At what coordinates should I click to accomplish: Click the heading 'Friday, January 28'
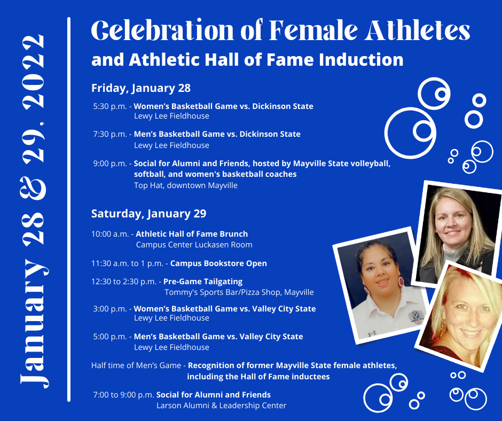coord(141,88)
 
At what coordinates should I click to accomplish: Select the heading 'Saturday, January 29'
coord(148,214)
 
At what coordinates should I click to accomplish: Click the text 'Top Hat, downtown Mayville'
coord(185,186)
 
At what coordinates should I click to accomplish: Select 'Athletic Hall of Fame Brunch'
coord(192,234)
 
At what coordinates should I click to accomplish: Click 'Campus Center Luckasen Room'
coord(194,245)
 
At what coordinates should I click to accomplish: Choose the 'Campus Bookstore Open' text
coord(218,263)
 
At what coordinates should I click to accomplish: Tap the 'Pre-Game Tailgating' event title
coord(203,282)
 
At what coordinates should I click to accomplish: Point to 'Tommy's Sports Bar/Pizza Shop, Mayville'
coord(239,293)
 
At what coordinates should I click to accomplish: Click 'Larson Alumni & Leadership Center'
coord(221,406)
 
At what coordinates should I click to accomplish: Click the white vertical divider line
coord(69,208)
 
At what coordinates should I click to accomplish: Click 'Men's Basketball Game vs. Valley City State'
coord(218,337)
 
